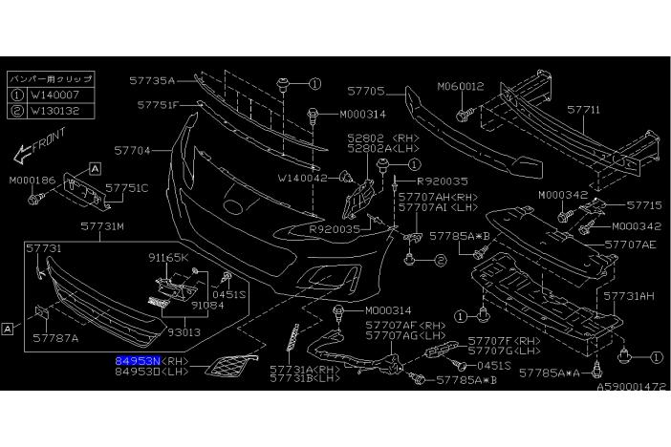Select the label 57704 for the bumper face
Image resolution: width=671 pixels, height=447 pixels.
coord(133,150)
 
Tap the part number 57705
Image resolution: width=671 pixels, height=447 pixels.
coord(365,93)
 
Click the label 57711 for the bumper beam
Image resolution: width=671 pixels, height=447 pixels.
coord(583,110)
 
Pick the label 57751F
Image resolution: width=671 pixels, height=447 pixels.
coord(157,104)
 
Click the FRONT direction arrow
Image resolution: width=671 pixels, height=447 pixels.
coord(37,148)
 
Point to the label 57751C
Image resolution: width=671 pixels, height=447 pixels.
coord(126,188)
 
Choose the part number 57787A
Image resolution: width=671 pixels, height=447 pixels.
coord(56,337)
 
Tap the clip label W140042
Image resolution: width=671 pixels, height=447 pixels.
coord(303,178)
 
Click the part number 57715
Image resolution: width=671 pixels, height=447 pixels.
coord(644,204)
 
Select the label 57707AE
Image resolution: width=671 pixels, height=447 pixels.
coord(632,244)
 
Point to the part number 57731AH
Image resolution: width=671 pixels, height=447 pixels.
coord(632,296)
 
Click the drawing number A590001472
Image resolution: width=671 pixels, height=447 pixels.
coord(631,387)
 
